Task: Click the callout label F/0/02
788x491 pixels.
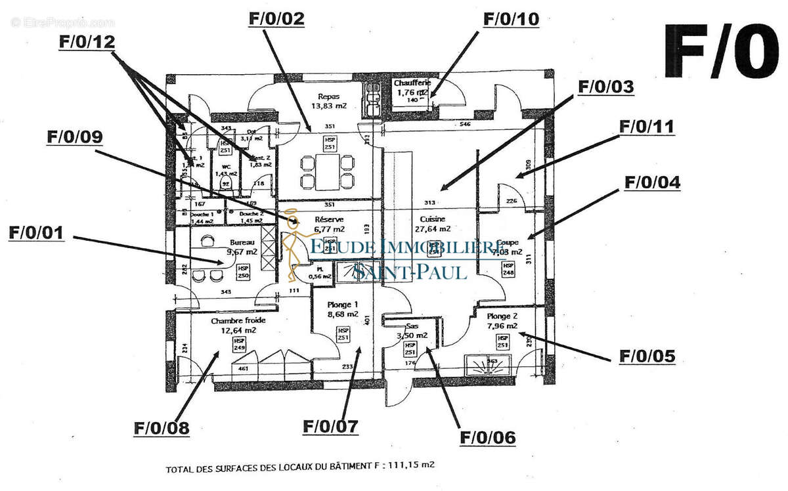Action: coord(276,18)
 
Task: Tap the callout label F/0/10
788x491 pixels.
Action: coord(511,18)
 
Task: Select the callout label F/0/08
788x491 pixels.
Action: coord(162,429)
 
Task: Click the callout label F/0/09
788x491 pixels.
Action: coord(75,137)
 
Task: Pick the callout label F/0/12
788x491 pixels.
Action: coord(87,41)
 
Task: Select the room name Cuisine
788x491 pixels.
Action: coord(432,219)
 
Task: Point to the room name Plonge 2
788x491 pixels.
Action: coord(502,316)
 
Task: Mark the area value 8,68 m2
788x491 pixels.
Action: coord(343,314)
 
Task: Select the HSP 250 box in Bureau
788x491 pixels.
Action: coord(244,272)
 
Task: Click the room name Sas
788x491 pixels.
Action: coord(412,326)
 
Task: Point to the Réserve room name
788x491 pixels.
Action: coord(329,220)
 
